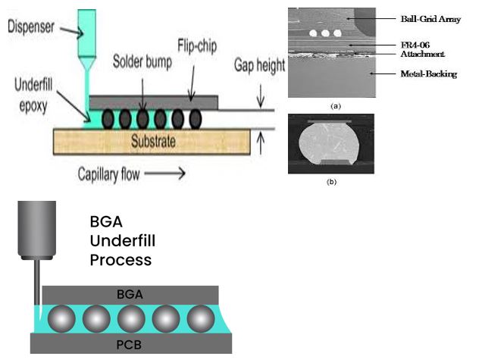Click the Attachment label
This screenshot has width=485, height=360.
coord(422,55)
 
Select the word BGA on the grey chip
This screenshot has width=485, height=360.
coord(131,293)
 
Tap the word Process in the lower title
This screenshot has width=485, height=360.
coord(120,260)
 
